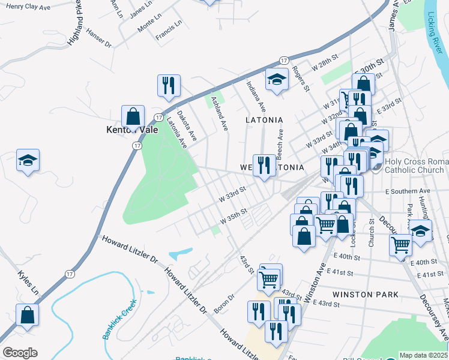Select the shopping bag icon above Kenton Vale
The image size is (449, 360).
(133, 116)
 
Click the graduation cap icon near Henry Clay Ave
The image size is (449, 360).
(28, 160)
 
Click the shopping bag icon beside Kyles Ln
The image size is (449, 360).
(28, 315)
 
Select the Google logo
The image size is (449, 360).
(20, 353)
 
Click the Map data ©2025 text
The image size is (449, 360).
(423, 355)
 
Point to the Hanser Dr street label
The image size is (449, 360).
(99, 38)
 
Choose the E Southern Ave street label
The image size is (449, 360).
(408, 191)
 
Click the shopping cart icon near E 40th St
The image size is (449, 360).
(400, 244)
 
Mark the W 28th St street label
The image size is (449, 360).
(325, 62)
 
